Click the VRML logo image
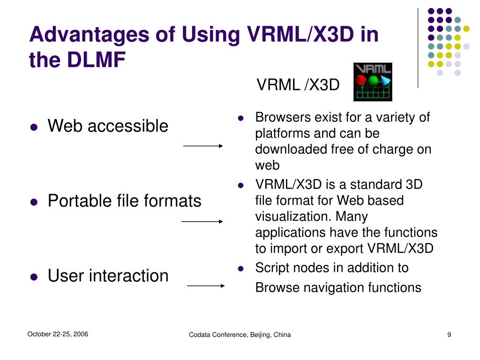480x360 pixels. pos(373,82)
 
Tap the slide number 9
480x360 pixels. pos(449,335)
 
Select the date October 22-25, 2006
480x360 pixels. pos(58,334)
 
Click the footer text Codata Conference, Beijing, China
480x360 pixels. pos(240,335)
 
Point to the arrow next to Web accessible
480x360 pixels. pos(203,146)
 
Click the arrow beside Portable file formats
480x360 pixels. pos(202,221)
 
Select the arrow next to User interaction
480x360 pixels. pos(205,285)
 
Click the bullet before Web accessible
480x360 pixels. pos(33,127)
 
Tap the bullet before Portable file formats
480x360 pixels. pos(33,202)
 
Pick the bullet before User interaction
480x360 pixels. pos(33,277)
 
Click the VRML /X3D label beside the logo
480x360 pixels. pos(298,85)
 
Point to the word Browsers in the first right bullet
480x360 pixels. pos(277,117)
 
